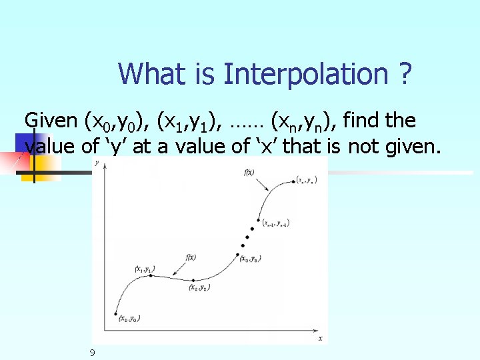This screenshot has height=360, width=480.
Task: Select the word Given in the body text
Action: pos(51,121)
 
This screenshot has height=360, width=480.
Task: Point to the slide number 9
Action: pos(93,352)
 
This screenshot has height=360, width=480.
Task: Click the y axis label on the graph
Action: pos(97,162)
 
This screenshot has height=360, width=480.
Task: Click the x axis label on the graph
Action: pos(320,339)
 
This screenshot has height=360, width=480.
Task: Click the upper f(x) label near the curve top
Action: pos(250,173)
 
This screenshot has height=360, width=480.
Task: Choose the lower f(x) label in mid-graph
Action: pos(191,257)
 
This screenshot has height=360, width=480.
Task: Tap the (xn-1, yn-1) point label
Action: pos(275,223)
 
